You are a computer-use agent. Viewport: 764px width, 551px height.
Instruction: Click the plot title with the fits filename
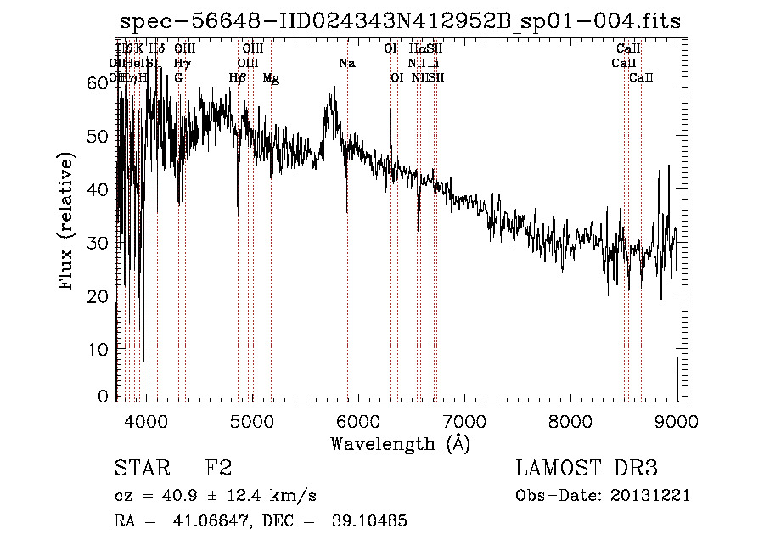click(400, 22)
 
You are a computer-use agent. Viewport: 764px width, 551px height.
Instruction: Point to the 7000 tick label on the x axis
click(464, 420)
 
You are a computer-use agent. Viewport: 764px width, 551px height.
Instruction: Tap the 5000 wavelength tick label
click(252, 420)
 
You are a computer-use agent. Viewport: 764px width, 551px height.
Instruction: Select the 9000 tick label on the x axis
click(677, 420)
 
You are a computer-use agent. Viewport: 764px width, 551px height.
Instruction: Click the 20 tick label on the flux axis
click(100, 295)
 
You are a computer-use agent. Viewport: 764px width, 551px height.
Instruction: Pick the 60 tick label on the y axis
click(100, 82)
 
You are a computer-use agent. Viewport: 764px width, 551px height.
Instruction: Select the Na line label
click(346, 63)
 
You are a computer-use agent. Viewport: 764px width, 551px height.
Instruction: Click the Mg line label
click(271, 78)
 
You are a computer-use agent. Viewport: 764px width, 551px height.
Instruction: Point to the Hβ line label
click(238, 78)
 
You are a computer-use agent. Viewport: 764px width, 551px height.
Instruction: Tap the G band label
click(178, 78)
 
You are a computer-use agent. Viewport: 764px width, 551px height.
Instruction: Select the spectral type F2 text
click(218, 469)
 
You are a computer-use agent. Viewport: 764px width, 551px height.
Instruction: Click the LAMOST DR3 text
click(586, 469)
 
